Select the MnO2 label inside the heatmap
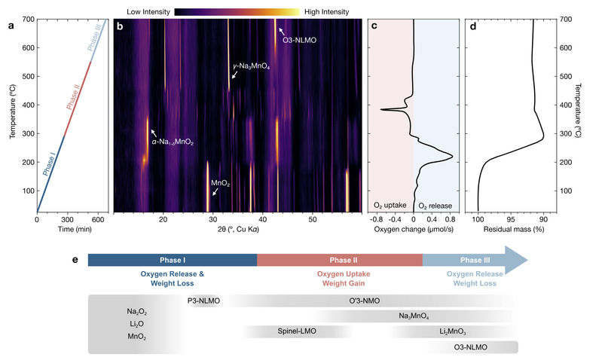pyautogui.click(x=221, y=182)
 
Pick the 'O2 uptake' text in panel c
pyautogui.click(x=389, y=204)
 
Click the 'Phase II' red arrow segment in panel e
pyautogui.click(x=339, y=259)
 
